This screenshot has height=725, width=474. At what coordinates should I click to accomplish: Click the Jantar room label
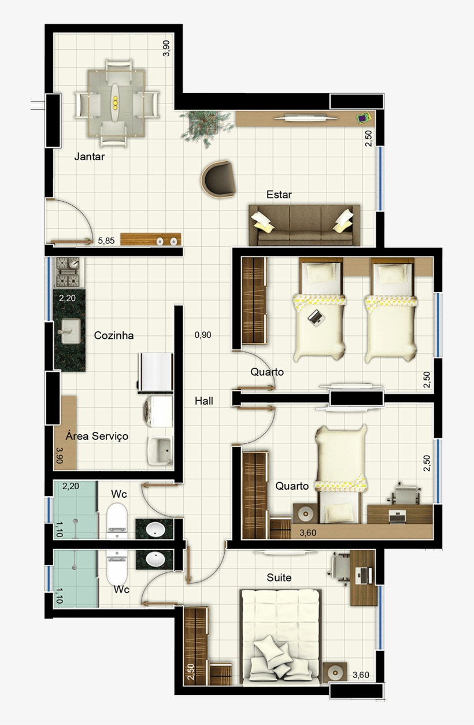click(x=90, y=156)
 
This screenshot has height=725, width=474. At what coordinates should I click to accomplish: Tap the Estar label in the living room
click(x=279, y=195)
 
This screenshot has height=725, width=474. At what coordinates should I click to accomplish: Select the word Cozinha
click(x=114, y=335)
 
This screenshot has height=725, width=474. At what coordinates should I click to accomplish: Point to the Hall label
click(x=203, y=400)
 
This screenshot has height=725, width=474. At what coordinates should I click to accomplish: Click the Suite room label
click(x=279, y=578)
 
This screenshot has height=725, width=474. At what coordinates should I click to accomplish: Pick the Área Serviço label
click(x=97, y=436)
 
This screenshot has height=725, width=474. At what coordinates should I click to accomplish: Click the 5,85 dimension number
click(x=106, y=241)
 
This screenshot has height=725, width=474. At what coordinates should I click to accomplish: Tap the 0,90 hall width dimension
click(x=202, y=334)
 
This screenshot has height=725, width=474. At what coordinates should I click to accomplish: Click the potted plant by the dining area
click(x=202, y=124)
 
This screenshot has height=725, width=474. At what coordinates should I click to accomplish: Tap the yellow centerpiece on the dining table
click(x=115, y=103)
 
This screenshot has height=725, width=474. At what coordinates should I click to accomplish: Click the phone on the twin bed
click(x=316, y=316)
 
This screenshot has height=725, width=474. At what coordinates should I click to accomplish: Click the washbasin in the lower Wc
click(x=155, y=559)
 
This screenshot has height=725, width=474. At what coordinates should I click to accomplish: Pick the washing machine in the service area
click(x=158, y=410)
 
